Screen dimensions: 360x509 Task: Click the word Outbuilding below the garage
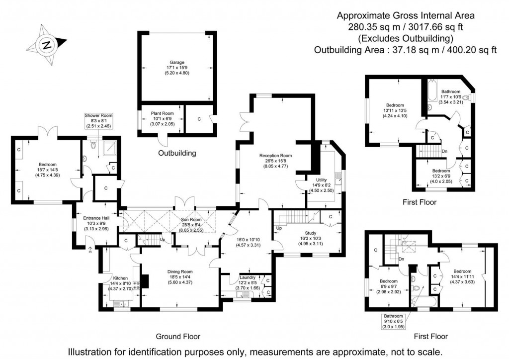[177, 153]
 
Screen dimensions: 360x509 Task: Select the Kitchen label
[121, 278]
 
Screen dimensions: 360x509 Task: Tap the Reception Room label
[275, 156]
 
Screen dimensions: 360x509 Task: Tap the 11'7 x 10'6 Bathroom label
[450, 92]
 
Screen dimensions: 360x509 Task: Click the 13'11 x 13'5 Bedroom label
[395, 105]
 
